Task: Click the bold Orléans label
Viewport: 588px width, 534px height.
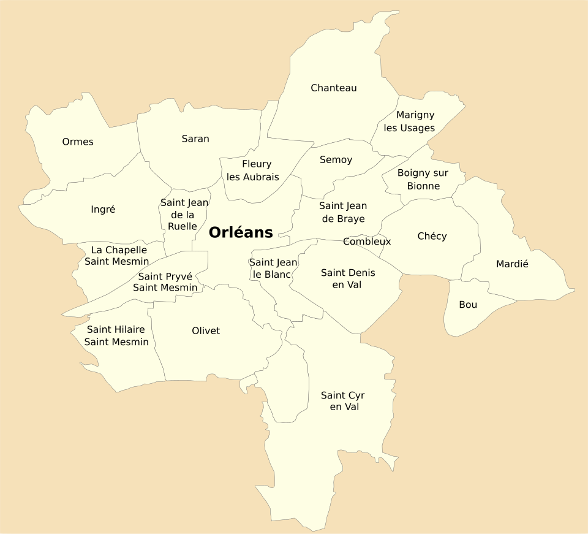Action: pyautogui.click(x=241, y=233)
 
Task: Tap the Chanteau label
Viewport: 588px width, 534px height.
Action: pyautogui.click(x=333, y=88)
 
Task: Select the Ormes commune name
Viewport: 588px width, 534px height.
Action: pyautogui.click(x=78, y=142)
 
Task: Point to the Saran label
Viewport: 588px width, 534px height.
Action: pyautogui.click(x=195, y=139)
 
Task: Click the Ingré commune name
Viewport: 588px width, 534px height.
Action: pyautogui.click(x=103, y=210)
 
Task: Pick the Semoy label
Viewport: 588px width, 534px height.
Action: pyautogui.click(x=336, y=160)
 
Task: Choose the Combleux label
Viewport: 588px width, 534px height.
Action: pyautogui.click(x=367, y=242)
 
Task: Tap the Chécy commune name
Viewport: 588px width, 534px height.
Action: pyautogui.click(x=432, y=237)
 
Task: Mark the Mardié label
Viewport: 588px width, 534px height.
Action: pyautogui.click(x=512, y=264)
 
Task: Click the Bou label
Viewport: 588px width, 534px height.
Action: pyautogui.click(x=468, y=305)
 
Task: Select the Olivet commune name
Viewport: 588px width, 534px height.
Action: pyautogui.click(x=206, y=331)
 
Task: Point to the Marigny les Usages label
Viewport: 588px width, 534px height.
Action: pyautogui.click(x=410, y=121)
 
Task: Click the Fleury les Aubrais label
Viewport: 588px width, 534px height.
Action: pyautogui.click(x=253, y=170)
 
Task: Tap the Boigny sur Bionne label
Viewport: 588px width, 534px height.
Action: pyautogui.click(x=423, y=179)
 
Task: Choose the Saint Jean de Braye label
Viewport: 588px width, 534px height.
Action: pyautogui.click(x=343, y=212)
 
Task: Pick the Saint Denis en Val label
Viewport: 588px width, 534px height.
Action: pyautogui.click(x=348, y=278)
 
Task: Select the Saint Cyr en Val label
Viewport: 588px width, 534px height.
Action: pyautogui.click(x=343, y=401)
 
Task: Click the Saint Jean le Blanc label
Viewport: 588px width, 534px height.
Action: pyautogui.click(x=273, y=269)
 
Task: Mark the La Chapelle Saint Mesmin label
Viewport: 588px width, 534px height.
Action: pyautogui.click(x=117, y=256)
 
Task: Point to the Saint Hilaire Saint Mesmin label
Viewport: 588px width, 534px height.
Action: pyautogui.click(x=116, y=336)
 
